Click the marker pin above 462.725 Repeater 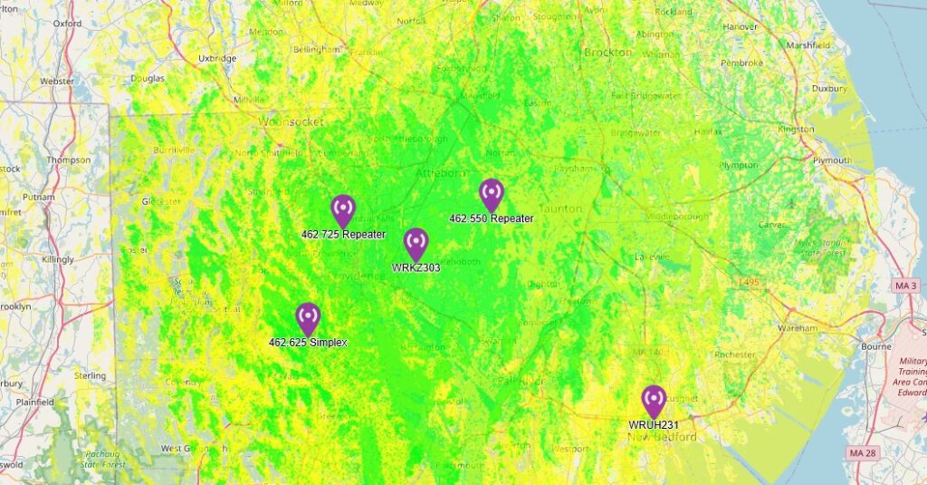(343, 210)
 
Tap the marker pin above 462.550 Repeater (491, 194)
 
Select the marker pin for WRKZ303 (416, 243)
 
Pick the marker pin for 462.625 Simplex (308, 318)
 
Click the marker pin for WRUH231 (654, 401)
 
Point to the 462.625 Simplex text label (308, 343)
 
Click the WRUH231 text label (654, 424)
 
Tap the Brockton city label (608, 53)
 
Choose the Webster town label (56, 81)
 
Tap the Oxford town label (67, 24)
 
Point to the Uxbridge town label (216, 58)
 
